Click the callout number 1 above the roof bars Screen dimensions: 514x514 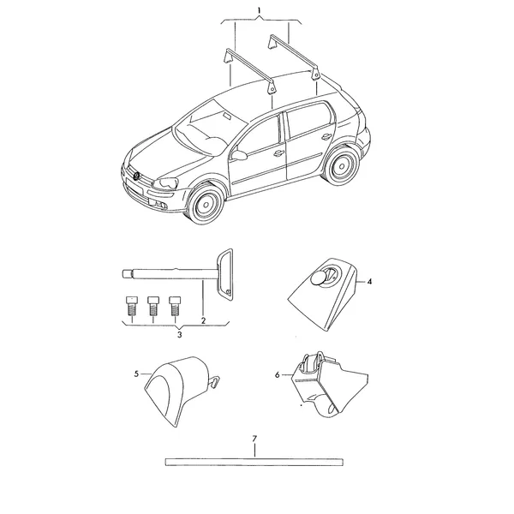259,10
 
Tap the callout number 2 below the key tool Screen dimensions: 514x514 203,320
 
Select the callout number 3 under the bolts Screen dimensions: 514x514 179,335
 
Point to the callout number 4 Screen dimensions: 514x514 369,282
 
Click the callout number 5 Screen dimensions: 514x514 137,374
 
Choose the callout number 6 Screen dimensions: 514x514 278,374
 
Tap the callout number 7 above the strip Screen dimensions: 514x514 254,439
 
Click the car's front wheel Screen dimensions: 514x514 206,204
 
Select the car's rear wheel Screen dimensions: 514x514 341,166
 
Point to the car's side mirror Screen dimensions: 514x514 240,155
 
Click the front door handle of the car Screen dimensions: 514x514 278,152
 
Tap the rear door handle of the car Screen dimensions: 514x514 326,135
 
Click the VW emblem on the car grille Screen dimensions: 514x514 136,176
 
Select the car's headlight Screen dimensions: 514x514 166,183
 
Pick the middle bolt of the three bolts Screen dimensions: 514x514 153,306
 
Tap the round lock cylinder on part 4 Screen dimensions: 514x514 319,278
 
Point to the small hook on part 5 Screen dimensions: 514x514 213,382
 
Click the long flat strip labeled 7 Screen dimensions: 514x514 254,462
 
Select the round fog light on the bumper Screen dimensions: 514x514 163,206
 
